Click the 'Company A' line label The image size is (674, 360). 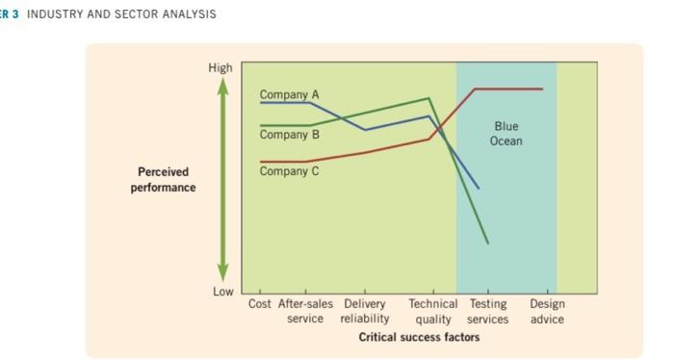tap(289, 93)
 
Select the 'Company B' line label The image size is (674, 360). tap(289, 134)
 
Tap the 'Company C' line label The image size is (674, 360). tap(289, 171)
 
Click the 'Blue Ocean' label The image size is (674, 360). tap(505, 134)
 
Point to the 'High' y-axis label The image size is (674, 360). tap(220, 67)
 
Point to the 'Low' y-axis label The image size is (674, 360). tap(221, 292)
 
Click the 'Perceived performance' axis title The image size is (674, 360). tap(163, 179)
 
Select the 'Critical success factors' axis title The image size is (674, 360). tap(419, 337)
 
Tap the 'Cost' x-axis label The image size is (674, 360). tap(260, 304)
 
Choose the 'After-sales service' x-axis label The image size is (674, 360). tap(305, 311)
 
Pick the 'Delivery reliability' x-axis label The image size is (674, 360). tap(365, 311)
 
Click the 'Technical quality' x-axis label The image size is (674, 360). tap(432, 311)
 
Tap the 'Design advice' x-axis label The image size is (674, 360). tap(547, 311)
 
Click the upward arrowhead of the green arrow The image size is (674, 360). tap(222, 85)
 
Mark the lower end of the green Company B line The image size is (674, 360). tap(488, 244)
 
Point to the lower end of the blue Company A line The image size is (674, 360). tap(479, 188)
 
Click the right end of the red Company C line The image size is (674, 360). tap(542, 89)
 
